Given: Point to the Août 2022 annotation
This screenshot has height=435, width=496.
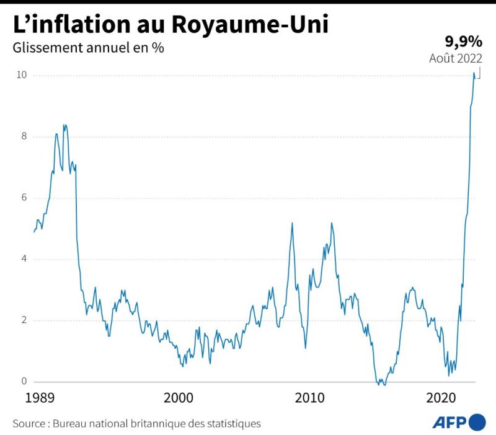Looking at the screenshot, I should coord(456,58).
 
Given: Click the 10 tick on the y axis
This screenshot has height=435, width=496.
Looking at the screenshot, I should coord(22,76).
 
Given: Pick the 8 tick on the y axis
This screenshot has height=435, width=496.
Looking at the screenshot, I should coord(24,137).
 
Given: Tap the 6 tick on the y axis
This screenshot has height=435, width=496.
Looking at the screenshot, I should coord(24,198).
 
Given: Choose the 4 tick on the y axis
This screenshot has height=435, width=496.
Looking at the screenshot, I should coord(24,259).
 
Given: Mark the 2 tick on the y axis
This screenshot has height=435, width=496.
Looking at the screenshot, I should coord(24,320).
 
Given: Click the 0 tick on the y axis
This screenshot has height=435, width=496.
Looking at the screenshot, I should coord(24,382).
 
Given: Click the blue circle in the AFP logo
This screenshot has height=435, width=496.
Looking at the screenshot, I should coord(477,423).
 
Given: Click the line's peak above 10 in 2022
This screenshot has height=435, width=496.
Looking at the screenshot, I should coord(474,73).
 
